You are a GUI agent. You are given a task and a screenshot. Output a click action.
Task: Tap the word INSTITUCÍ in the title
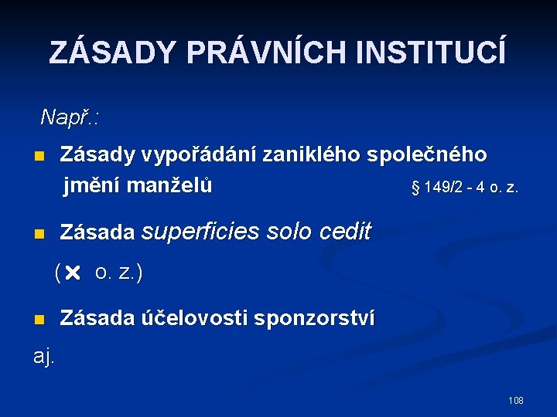pyautogui.click(x=432, y=53)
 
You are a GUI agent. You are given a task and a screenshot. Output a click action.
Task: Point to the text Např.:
pyautogui.click(x=73, y=117)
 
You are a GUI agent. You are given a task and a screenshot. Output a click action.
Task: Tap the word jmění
pyautogui.click(x=92, y=186)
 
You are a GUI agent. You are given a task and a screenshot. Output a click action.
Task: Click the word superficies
pyautogui.click(x=202, y=232)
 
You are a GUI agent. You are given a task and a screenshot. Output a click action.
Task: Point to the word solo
pyautogui.click(x=291, y=232)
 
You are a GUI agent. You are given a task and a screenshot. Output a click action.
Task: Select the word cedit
pyautogui.click(x=347, y=232)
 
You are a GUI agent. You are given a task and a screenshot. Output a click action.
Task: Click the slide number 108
pyautogui.click(x=515, y=400)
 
